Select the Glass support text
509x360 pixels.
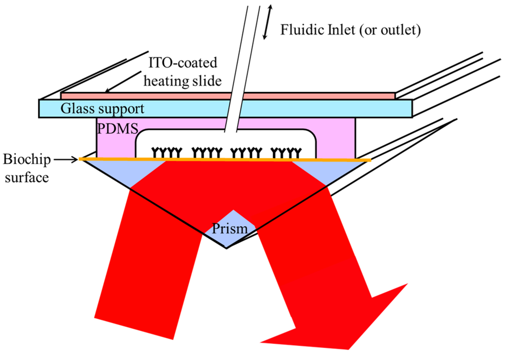coord(102,108)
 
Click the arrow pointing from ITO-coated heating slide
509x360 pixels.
coord(124,84)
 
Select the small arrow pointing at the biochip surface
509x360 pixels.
coord(67,160)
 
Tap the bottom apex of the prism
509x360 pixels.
coord(227,248)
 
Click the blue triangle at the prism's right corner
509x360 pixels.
coord(328,172)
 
